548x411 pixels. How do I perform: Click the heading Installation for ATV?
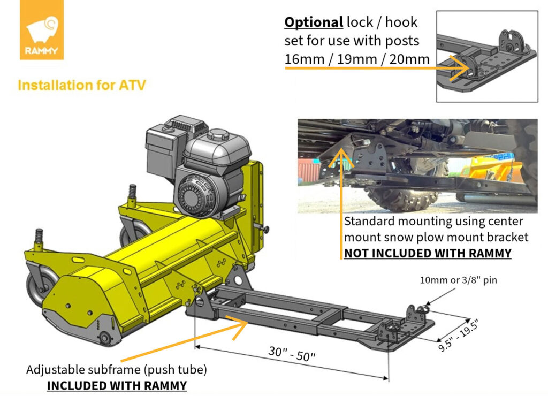pyautogui.click(x=82, y=85)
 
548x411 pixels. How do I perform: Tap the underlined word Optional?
pyautogui.click(x=314, y=22)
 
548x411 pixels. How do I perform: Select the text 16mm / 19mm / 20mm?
pyautogui.click(x=356, y=58)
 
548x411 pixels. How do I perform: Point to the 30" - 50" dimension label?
pyautogui.click(x=291, y=354)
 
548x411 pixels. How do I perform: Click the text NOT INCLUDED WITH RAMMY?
pyautogui.click(x=427, y=253)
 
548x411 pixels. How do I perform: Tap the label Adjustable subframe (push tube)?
pyautogui.click(x=117, y=370)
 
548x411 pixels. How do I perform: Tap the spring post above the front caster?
pyautogui.click(x=40, y=238)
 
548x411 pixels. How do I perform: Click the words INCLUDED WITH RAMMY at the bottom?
pyautogui.click(x=117, y=385)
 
